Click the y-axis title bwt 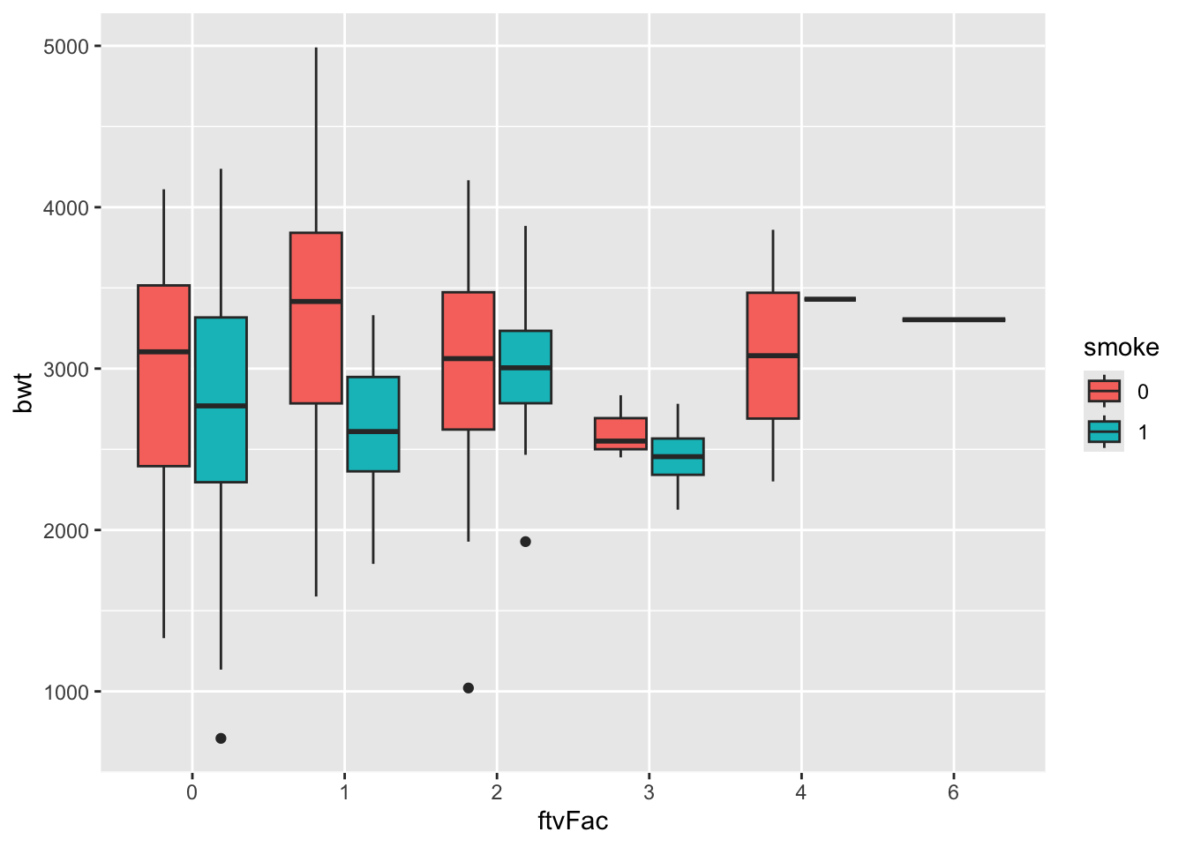25,394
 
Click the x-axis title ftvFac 573,821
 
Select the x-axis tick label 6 953,792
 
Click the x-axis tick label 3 649,792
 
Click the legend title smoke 1121,348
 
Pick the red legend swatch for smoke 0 1104,391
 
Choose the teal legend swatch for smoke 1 1104,431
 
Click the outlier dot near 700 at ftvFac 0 221,738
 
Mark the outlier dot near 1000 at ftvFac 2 469,688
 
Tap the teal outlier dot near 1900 525,542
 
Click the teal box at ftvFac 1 373,424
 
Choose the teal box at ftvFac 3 678,456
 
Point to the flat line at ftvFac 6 953,319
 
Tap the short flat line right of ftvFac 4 829,299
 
